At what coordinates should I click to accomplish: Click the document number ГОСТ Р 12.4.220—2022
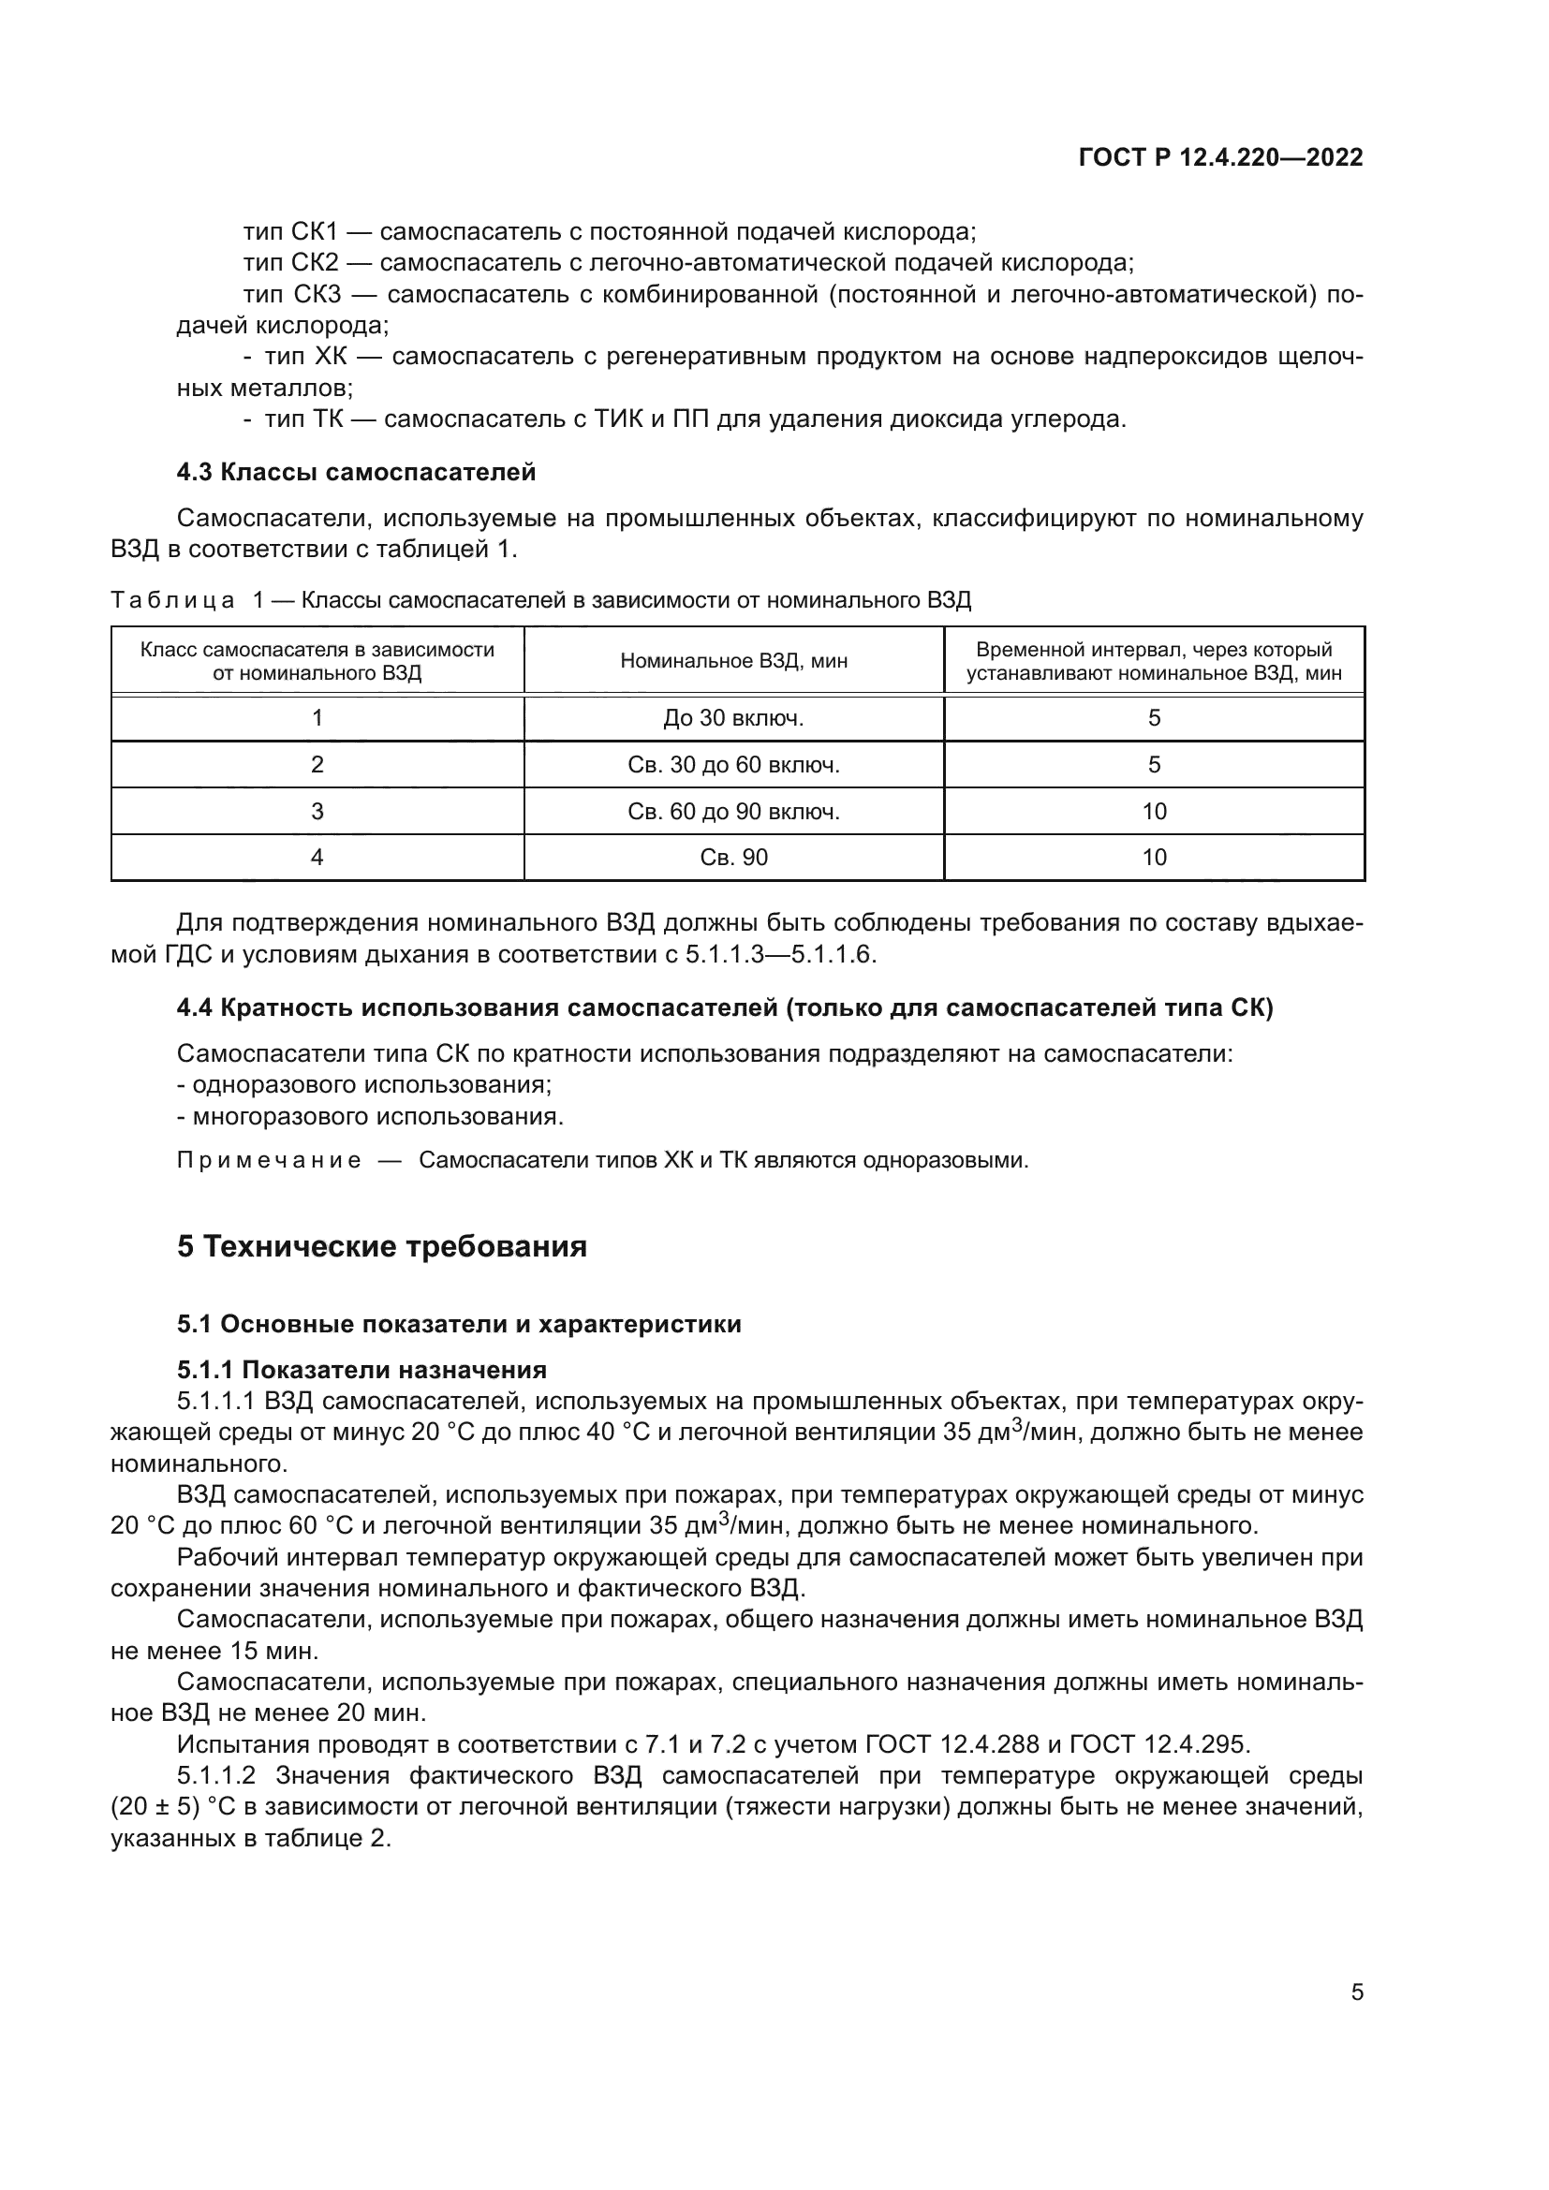1220,157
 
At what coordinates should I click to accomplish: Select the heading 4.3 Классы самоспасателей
356,472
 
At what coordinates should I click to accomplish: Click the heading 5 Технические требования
381,1246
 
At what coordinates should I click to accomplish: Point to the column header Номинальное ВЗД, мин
732,660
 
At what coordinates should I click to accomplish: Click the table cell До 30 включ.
732,718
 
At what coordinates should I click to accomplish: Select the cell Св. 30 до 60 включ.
732,765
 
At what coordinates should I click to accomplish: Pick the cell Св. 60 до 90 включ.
732,812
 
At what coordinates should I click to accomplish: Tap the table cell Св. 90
732,858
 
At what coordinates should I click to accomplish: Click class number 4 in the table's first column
317,858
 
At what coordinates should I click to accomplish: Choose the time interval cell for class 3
1153,812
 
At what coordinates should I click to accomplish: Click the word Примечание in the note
269,1161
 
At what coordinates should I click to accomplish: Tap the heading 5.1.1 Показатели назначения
361,1371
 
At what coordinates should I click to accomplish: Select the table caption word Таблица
172,600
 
